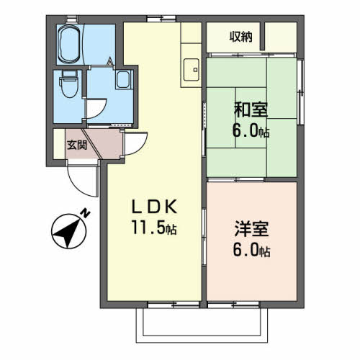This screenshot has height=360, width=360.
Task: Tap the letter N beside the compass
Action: pyautogui.click(x=85, y=213)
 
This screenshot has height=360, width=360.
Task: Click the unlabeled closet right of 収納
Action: pyautogui.click(x=282, y=37)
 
